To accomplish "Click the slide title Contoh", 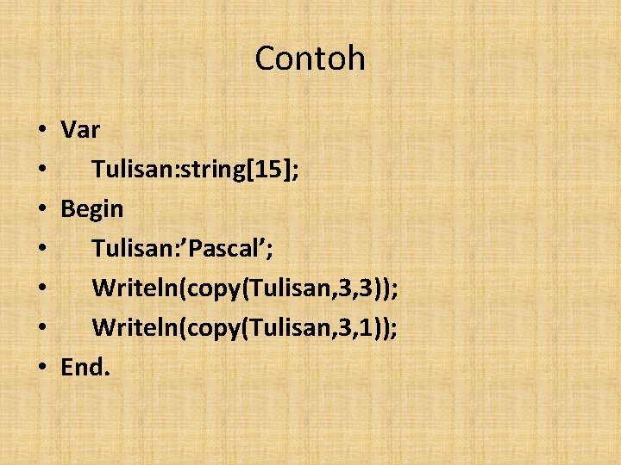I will pyautogui.click(x=310, y=59).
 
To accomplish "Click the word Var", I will pyautogui.click(x=80, y=131).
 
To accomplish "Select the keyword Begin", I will pyautogui.click(x=92, y=209).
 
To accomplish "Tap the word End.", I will pyautogui.click(x=85, y=367).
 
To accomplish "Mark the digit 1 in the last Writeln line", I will pyautogui.click(x=366, y=327).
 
